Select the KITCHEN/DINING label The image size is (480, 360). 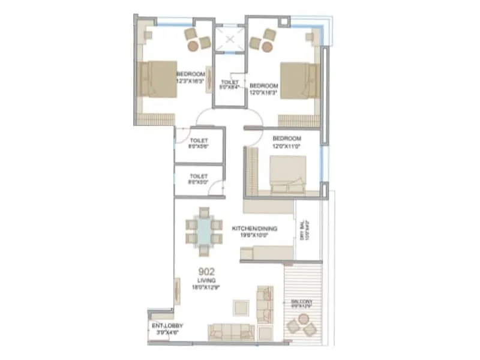point(253,229)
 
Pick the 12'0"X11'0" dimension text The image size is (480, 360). point(286,146)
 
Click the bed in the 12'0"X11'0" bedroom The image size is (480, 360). point(287,174)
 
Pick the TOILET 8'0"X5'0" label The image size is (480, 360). point(199,179)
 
